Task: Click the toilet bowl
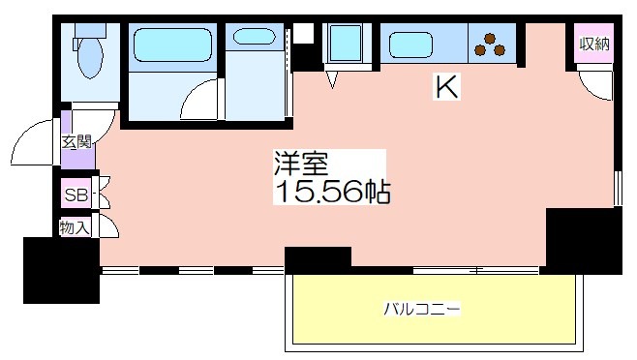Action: point(90,57)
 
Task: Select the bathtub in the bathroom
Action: point(172,45)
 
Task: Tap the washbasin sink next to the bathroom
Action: point(255,37)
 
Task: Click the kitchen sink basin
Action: point(410,45)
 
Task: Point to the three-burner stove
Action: point(490,45)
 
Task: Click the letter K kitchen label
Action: point(446,86)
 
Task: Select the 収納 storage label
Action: point(594,44)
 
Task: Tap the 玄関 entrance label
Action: point(76,142)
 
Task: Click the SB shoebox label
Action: point(76,195)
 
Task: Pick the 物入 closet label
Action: point(75,227)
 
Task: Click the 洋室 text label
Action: point(301,163)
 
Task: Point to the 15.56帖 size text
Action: point(332,191)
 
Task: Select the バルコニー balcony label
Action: point(422,309)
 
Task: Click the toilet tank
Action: point(90,30)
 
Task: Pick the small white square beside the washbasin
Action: point(303,33)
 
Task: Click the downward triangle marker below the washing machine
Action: point(332,79)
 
